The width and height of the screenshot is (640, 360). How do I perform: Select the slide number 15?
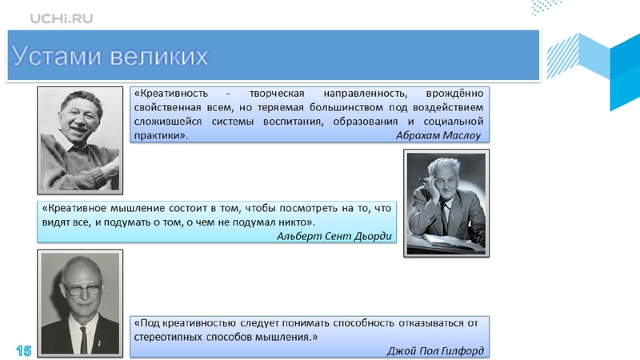23,350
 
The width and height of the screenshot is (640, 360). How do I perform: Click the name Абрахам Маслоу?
438,135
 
